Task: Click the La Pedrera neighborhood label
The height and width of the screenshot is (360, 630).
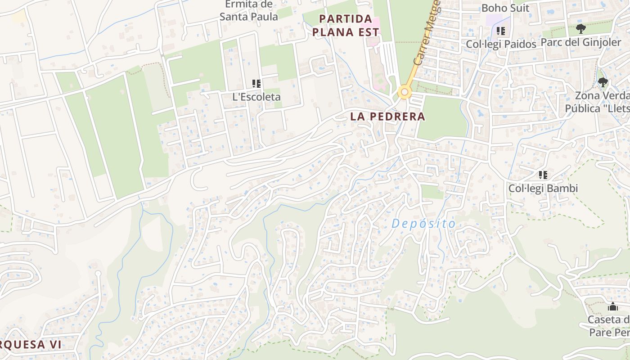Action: pos(387,116)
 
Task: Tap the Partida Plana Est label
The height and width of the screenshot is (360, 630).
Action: pos(346,26)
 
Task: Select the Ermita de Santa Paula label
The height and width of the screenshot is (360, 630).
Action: pos(248,10)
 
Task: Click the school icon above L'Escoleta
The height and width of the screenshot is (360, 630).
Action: pos(256,83)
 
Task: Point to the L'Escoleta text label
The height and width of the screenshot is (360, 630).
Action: pos(256,97)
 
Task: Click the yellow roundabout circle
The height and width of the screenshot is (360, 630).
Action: pos(405,93)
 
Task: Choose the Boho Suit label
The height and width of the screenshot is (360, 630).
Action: pos(505,8)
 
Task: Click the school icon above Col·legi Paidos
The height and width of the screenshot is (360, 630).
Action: pos(501,31)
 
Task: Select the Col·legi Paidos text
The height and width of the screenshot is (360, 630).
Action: pos(501,44)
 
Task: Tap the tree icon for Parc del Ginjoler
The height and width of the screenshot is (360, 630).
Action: pos(581,29)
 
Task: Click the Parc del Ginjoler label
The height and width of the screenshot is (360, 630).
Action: pos(580,42)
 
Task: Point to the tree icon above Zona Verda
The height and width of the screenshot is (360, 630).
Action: pos(603,82)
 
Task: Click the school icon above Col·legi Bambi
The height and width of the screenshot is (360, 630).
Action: pos(543,175)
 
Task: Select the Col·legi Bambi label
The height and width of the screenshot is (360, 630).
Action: pos(543,188)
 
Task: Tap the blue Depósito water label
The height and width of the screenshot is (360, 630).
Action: pos(423,223)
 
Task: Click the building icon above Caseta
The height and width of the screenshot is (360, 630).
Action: pos(612,307)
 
